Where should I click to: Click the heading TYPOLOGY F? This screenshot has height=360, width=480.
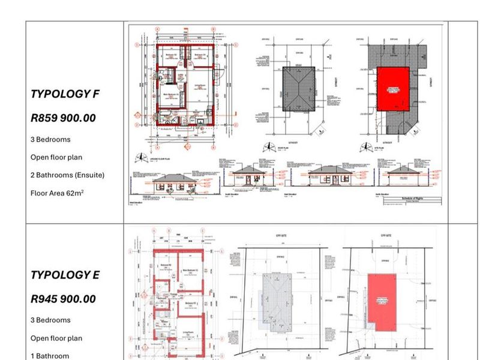coord(65,94)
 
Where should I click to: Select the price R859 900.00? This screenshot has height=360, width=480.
coord(63,118)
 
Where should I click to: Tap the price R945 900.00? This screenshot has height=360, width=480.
coord(63,299)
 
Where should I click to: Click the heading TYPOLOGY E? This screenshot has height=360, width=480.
coord(65,275)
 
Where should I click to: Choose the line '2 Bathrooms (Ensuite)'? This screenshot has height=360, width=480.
coord(67,175)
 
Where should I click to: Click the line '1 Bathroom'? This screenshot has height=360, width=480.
coord(50,356)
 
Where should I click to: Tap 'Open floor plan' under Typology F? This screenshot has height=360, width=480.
coord(56,157)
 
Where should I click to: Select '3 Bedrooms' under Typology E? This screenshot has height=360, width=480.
coord(50,320)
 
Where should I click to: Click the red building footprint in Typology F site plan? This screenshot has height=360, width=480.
coord(393,88)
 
